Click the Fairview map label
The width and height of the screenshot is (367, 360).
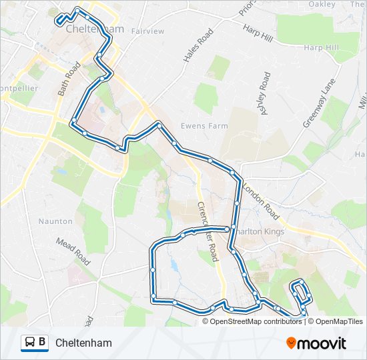point(147,31)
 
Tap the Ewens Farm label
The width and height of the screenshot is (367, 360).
point(204,126)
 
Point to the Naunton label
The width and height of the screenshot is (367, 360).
point(55,221)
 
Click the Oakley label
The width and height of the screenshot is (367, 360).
point(322,4)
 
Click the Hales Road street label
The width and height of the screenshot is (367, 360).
point(198,45)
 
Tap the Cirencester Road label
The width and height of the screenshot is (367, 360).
point(208,231)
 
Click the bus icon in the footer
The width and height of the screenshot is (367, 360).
point(30,343)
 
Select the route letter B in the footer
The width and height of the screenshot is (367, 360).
point(43,343)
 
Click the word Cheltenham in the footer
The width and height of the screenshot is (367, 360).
point(84,343)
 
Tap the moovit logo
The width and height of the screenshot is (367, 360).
point(316,343)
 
